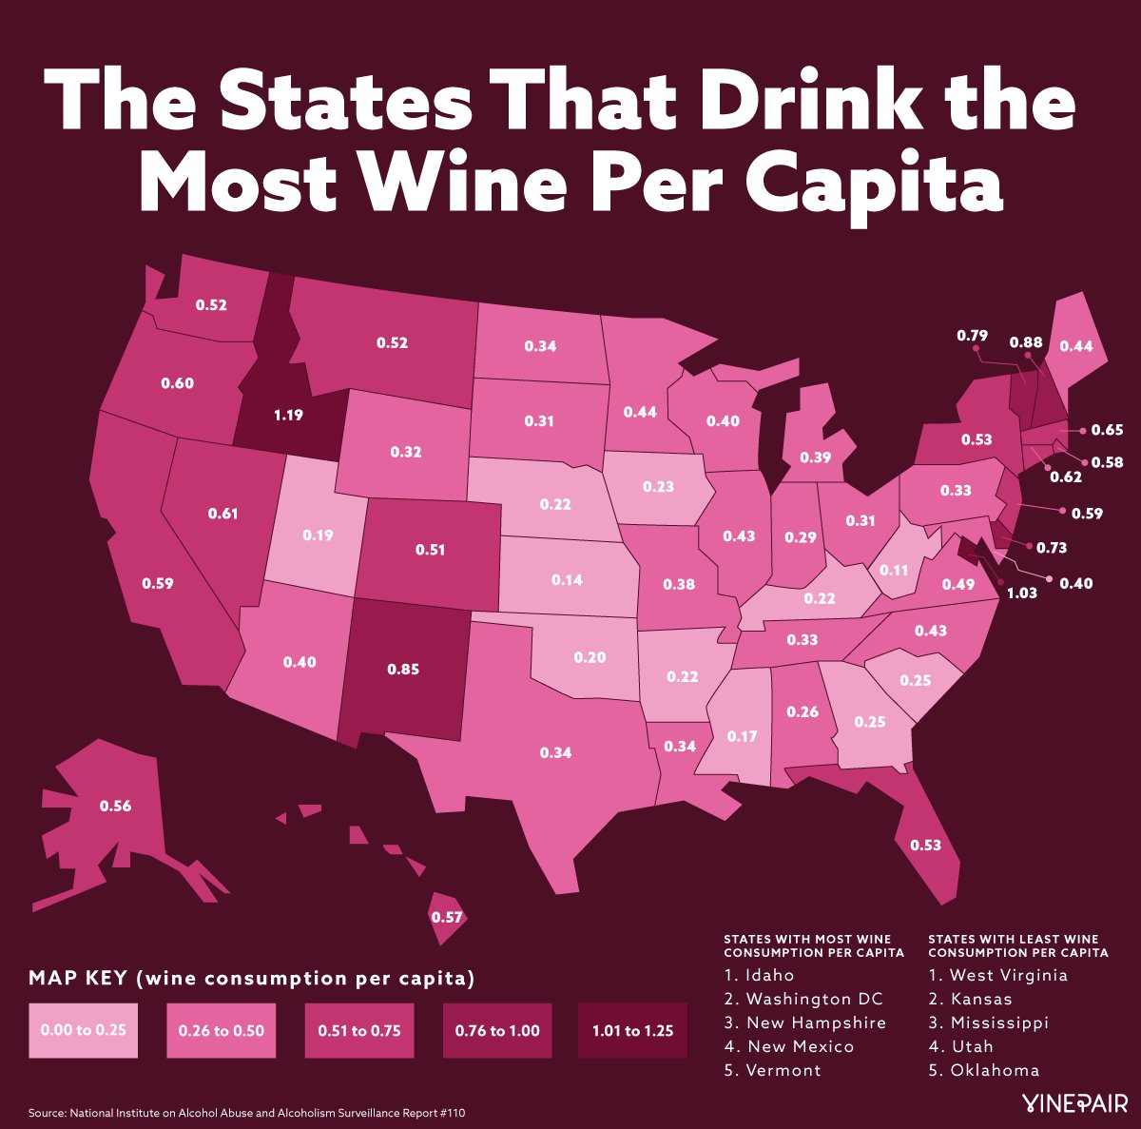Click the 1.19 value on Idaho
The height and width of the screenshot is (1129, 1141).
(x=290, y=415)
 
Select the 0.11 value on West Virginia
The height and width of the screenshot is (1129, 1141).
(x=894, y=570)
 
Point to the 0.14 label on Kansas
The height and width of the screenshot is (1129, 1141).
(x=567, y=579)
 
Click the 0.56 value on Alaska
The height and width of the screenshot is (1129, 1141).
(x=115, y=806)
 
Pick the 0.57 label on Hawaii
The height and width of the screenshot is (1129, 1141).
(x=446, y=917)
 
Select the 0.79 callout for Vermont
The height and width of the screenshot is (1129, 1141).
(x=972, y=335)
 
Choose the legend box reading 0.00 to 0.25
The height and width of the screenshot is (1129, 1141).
(x=83, y=1030)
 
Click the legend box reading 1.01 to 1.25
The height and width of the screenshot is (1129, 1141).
(x=632, y=1030)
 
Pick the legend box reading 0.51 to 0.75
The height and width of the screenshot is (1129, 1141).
(x=358, y=1030)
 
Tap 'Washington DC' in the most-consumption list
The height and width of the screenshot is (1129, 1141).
(x=814, y=999)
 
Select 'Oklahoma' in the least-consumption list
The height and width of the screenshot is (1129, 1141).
(x=995, y=1070)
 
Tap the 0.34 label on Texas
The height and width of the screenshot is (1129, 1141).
(x=555, y=752)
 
